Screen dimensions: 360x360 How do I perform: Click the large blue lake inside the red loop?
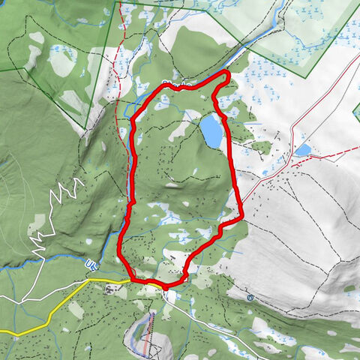(211, 132)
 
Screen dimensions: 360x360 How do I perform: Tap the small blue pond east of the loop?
(303, 150)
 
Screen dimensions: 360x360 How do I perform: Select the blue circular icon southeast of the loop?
(250, 298)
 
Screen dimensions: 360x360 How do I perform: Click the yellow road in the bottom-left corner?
(30, 330)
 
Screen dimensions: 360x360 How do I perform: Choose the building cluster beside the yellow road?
(112, 289)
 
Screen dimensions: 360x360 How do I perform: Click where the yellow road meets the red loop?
(135, 280)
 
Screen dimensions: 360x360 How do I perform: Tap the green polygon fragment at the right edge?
(356, 112)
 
